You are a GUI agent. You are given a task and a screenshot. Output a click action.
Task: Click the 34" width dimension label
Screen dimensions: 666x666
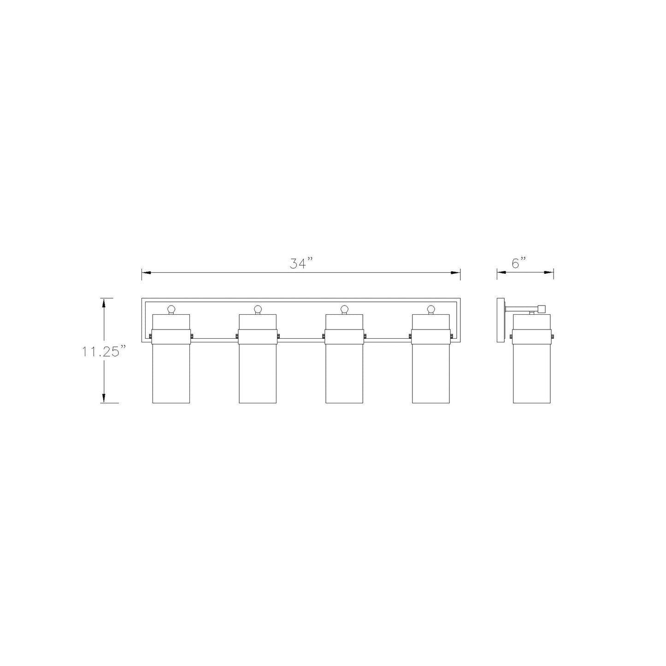[301, 264]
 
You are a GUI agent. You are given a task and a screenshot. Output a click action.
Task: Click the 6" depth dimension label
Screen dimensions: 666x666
[519, 263]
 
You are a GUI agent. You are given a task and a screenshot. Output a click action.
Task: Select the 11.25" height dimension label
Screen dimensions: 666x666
[104, 351]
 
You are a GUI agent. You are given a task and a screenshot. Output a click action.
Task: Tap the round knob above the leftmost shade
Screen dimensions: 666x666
[171, 308]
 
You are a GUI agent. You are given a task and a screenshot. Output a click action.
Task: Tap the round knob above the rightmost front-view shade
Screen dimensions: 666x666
[431, 308]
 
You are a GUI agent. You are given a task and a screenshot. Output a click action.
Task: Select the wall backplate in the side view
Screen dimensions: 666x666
[501, 320]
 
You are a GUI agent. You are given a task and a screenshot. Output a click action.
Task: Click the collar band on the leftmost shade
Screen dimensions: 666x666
[171, 336]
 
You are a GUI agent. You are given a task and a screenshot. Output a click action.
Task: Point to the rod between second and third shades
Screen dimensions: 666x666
[301, 339]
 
